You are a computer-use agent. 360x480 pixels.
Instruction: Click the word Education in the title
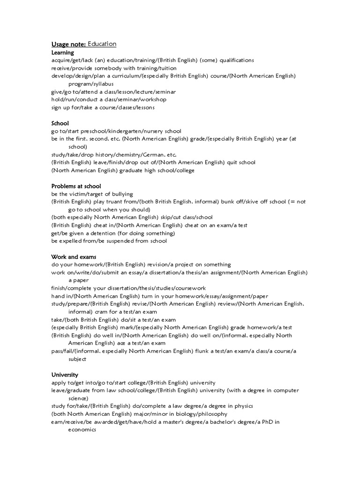pyautogui.click(x=102, y=44)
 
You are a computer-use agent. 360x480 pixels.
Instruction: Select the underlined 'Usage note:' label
pyautogui.click(x=68, y=45)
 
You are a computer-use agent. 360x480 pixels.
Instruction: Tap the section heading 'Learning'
pyautogui.click(x=63, y=53)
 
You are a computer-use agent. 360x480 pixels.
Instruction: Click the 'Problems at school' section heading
pyautogui.click(x=76, y=186)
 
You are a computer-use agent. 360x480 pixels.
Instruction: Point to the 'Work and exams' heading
pyautogui.click(x=74, y=257)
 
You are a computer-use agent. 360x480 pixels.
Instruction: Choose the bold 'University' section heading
pyautogui.click(x=65, y=375)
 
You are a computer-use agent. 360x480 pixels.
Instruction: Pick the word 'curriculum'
pyautogui.click(x=129, y=76)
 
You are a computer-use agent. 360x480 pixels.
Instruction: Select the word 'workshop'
pyautogui.click(x=153, y=100)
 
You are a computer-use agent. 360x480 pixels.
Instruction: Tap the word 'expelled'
pyautogui.click(x=71, y=241)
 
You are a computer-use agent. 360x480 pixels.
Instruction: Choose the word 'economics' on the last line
pyautogui.click(x=82, y=430)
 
